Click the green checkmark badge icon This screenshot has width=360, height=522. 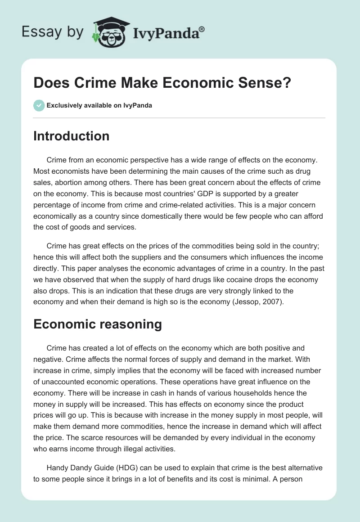(x=38, y=105)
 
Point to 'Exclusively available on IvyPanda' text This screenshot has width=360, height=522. (x=99, y=105)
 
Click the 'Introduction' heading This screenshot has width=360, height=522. (x=71, y=136)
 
